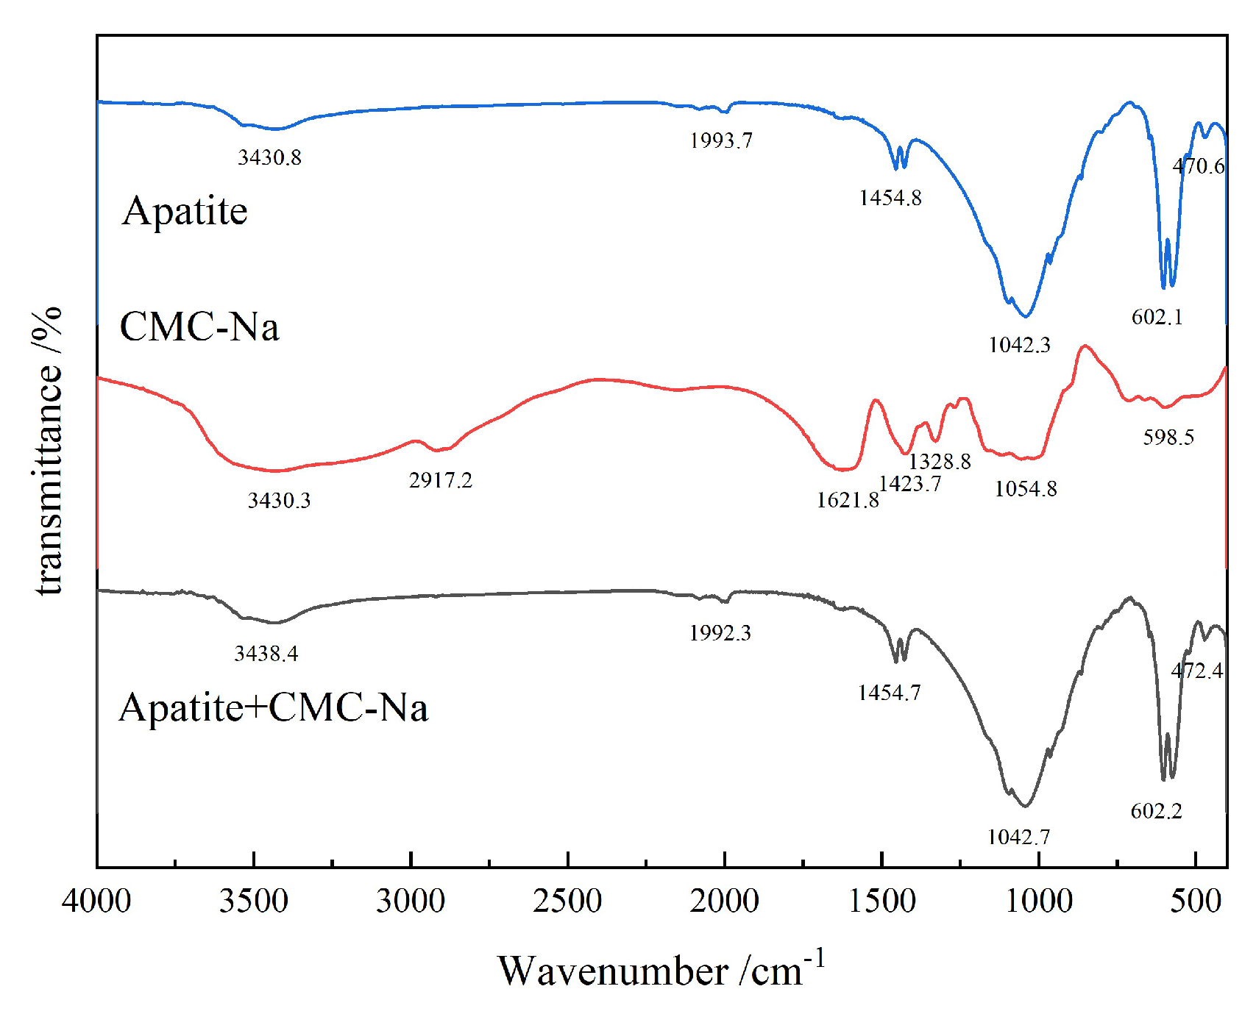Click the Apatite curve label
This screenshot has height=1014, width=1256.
click(185, 211)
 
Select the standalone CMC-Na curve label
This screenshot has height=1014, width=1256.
click(199, 326)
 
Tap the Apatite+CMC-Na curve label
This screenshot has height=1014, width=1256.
click(273, 708)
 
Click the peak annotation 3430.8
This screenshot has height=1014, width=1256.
click(269, 157)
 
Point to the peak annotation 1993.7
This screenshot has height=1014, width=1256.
click(721, 140)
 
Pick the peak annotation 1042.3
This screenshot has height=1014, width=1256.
click(1019, 345)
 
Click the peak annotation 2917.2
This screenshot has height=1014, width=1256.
click(440, 481)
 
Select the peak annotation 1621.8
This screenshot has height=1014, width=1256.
click(848, 501)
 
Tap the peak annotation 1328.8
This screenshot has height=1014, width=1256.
click(940, 462)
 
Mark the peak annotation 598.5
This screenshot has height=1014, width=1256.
click(1168, 438)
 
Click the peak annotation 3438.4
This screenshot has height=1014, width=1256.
click(266, 654)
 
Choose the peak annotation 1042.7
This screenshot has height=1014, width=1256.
click(1019, 837)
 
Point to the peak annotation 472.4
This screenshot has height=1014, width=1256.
click(1197, 671)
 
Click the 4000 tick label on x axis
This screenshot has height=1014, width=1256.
click(96, 901)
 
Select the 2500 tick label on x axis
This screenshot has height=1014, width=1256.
click(567, 901)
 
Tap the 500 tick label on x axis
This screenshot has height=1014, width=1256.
click(1196, 901)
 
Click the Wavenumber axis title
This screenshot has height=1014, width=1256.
click(661, 970)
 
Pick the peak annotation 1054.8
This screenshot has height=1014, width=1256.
click(1026, 489)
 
